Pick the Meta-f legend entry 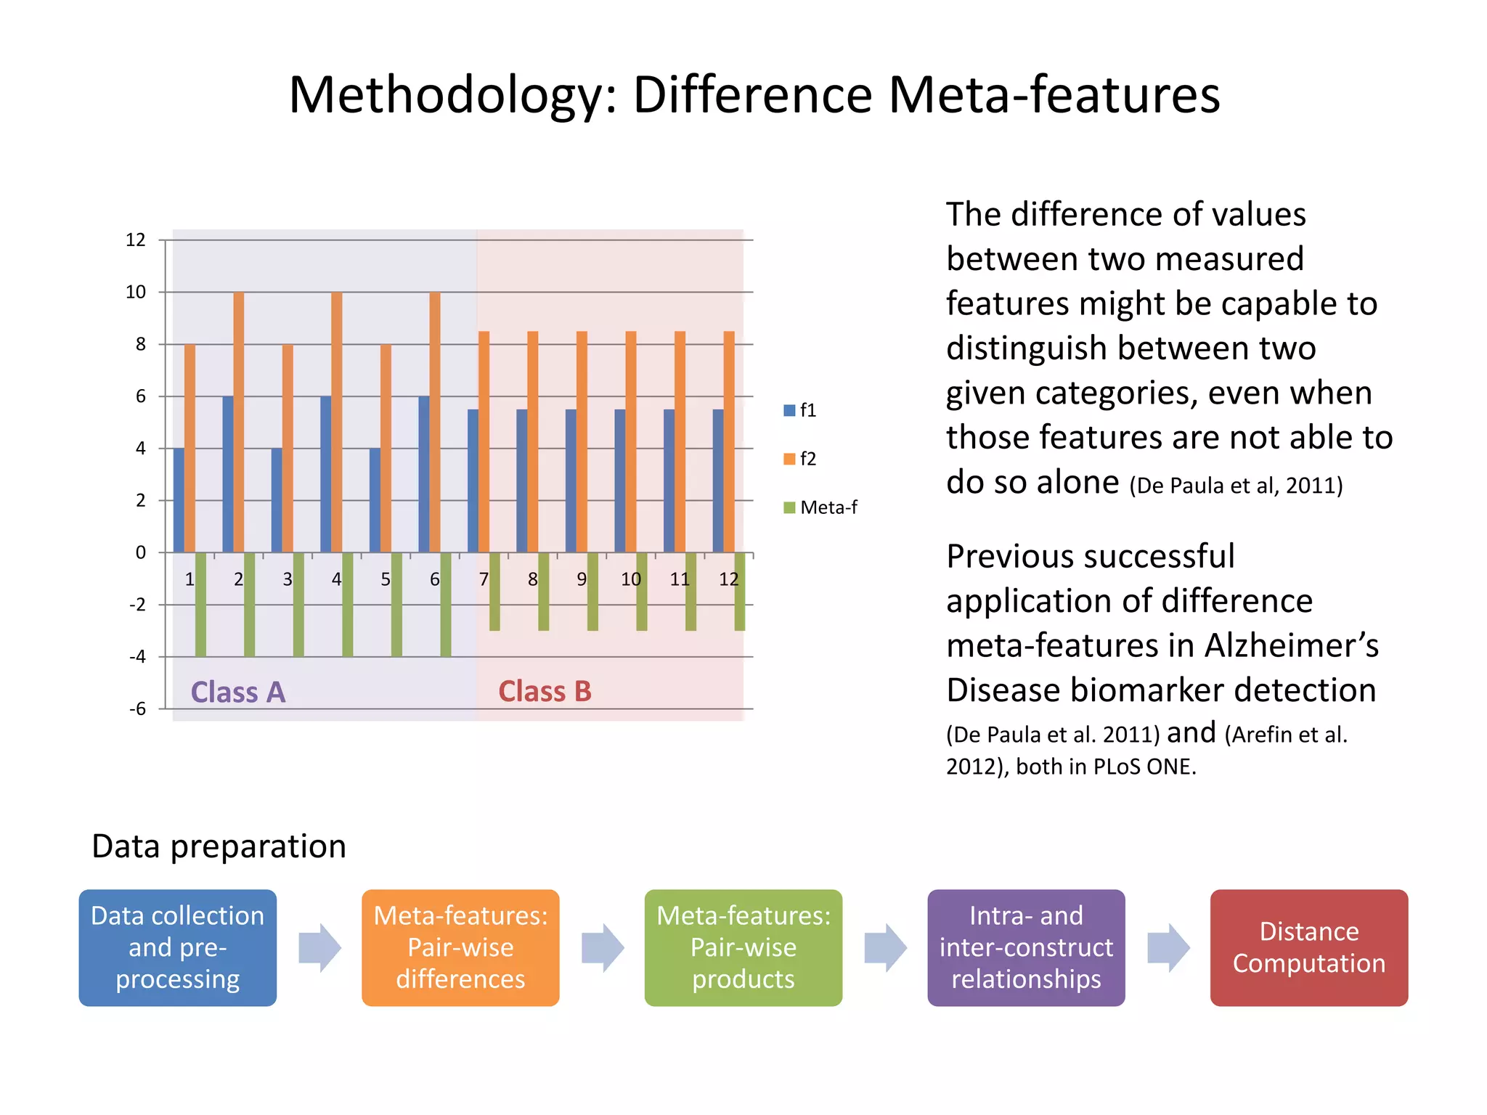pyautogui.click(x=820, y=507)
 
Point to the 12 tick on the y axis pyautogui.click(x=136, y=240)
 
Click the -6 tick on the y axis pyautogui.click(x=137, y=709)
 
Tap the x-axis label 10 pyautogui.click(x=630, y=579)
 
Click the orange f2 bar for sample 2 pyautogui.click(x=239, y=421)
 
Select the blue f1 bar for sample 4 pyautogui.click(x=326, y=474)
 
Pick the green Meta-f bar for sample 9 pyautogui.click(x=592, y=592)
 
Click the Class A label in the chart pyautogui.click(x=237, y=692)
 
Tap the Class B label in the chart pyautogui.click(x=545, y=691)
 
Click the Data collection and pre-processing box pyautogui.click(x=178, y=947)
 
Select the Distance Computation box pyautogui.click(x=1308, y=947)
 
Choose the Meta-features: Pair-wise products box pyautogui.click(x=743, y=947)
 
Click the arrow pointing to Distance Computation pyautogui.click(x=1168, y=947)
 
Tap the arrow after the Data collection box pyautogui.click(x=319, y=947)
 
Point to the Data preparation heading pyautogui.click(x=219, y=846)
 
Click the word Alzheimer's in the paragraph pyautogui.click(x=1292, y=645)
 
